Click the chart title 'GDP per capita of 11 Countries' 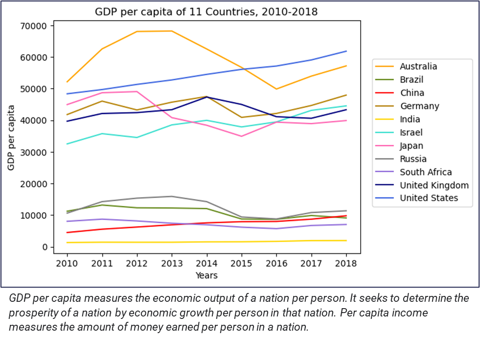[x=206, y=12]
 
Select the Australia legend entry [x=418, y=67]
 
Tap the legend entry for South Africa [x=426, y=172]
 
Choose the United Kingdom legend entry [x=434, y=185]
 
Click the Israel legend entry [x=411, y=133]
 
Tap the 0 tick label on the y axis [x=46, y=247]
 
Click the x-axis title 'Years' [x=206, y=275]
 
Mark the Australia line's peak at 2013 [x=172, y=31]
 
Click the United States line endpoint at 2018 [x=346, y=51]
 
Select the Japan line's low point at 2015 [x=242, y=136]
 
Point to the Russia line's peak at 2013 [x=172, y=197]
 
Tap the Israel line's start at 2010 [x=67, y=144]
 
